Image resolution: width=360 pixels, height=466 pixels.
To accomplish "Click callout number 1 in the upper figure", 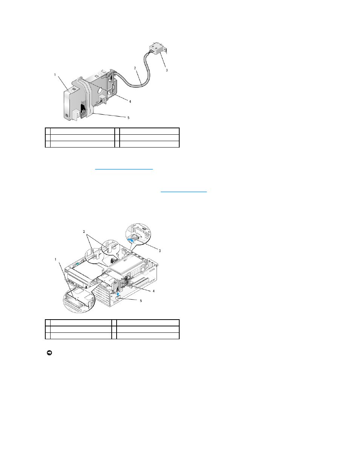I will tap(55, 75).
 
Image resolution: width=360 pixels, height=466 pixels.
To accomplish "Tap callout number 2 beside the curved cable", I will tap(135, 68).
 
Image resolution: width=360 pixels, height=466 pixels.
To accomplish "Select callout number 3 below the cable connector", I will tap(166, 70).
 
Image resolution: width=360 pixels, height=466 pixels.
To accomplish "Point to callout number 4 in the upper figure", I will tap(130, 102).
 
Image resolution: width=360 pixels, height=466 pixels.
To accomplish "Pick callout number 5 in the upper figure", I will tap(128, 118).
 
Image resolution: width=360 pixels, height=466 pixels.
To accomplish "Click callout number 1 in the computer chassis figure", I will tap(55, 260).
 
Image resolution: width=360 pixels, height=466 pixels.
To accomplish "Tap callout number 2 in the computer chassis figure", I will tap(84, 232).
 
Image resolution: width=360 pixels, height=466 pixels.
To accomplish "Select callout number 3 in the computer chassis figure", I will tap(160, 251).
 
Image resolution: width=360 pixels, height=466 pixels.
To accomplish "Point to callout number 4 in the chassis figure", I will tap(153, 291).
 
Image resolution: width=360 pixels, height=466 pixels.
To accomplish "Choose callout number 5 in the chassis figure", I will tap(141, 301).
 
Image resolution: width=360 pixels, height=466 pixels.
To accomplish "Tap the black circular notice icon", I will tap(49, 353).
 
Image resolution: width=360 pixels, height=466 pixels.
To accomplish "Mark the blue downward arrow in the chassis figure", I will tap(118, 292).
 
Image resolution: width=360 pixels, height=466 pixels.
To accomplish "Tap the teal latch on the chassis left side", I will tap(77, 264).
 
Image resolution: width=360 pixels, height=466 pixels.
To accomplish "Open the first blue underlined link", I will tap(124, 169).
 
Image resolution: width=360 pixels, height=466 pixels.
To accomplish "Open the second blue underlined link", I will tap(183, 192).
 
